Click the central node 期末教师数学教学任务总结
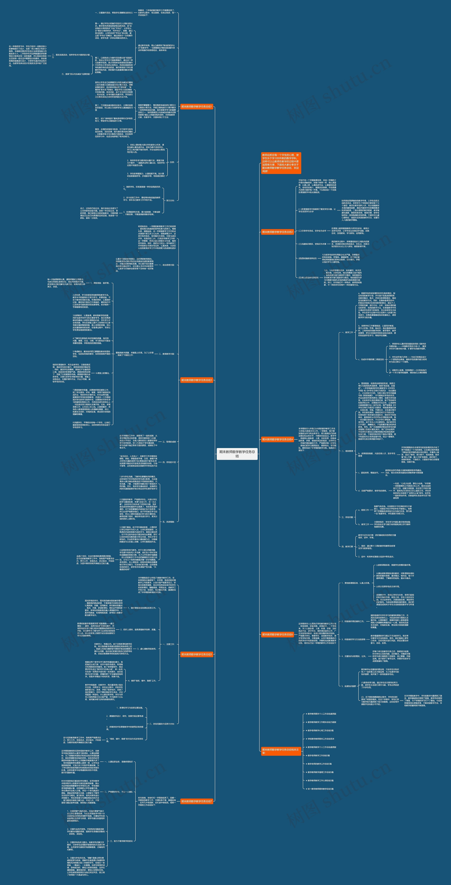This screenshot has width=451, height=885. point(237,454)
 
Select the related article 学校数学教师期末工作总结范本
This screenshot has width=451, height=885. point(320,739)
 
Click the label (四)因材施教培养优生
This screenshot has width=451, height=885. point(308,258)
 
